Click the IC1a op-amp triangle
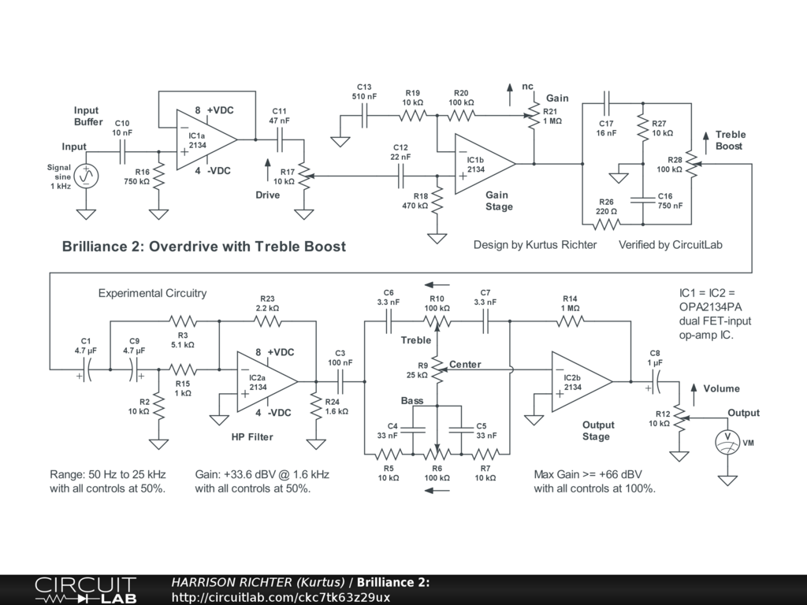205,139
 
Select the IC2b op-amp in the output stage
581,382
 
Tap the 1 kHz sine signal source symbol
86,176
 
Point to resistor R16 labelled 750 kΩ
158,176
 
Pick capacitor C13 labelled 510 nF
364,115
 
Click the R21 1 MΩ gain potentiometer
534,115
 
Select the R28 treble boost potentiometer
692,164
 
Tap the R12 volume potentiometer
680,418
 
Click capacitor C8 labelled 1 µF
655,382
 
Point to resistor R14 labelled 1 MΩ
570,321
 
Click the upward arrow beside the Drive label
268,170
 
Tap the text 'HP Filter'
251,436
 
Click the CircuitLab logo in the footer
86,590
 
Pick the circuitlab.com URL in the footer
281,597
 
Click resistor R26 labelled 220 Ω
606,225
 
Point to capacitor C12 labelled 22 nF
401,176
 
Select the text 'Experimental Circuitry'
152,293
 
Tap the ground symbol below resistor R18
437,238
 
